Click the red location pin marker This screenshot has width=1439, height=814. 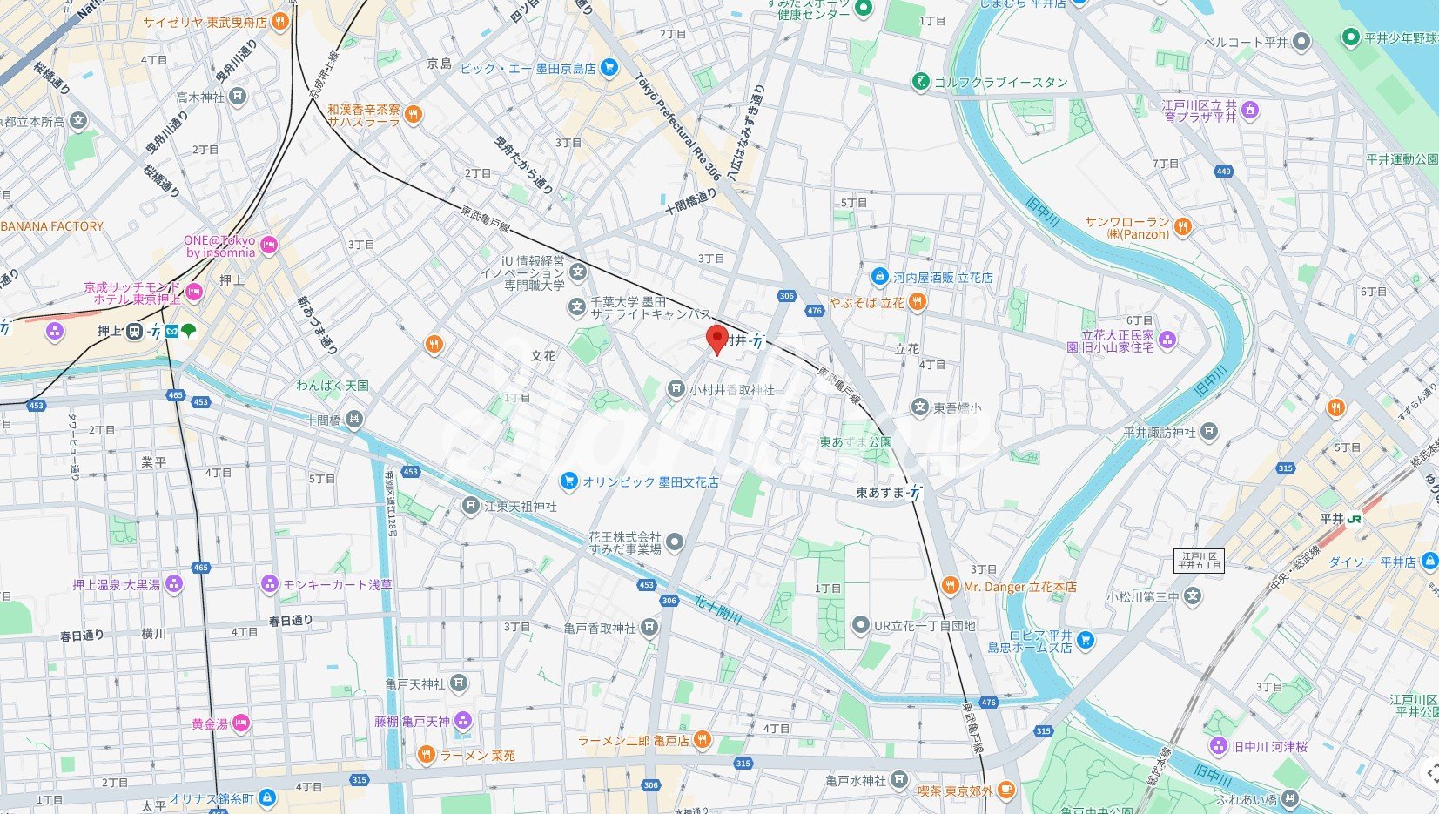coord(716,338)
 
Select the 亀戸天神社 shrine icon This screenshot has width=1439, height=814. coord(460,683)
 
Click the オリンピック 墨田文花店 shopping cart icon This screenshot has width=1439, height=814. coord(569,481)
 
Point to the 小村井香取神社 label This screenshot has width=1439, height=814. coord(731,390)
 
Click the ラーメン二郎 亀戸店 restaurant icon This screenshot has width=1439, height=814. coord(702,740)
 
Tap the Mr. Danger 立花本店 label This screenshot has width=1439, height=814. coord(1019,587)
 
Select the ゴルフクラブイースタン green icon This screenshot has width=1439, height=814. coord(920,83)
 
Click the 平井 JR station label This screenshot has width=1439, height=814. coord(1332,519)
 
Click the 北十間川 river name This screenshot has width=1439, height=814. coord(717,609)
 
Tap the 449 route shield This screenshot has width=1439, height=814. coord(1224,172)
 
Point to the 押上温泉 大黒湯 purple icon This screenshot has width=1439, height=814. coord(174,584)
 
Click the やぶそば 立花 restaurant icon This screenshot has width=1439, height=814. coord(916,302)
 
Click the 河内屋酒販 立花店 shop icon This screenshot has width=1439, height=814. coord(880,277)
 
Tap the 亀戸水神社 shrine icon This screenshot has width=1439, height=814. coord(899,780)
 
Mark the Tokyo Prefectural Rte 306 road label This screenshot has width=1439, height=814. coord(677,127)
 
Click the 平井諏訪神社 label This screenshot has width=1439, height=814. coord(1159,432)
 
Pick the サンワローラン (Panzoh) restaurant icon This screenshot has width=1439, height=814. coord(1182,227)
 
